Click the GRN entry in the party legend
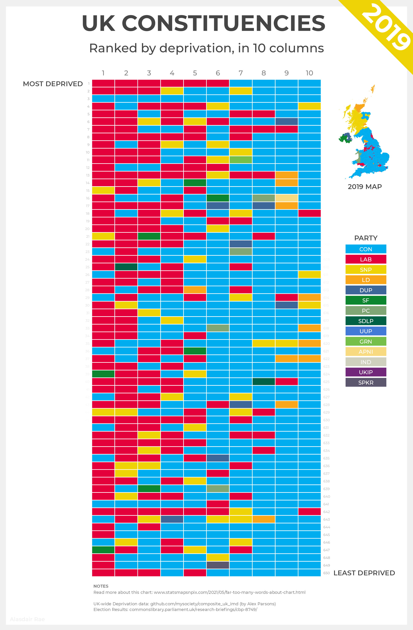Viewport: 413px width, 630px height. [x=366, y=341]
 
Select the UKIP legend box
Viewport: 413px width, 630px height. [x=366, y=372]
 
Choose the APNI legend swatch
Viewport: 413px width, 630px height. [x=366, y=352]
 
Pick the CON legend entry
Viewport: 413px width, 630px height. [x=366, y=249]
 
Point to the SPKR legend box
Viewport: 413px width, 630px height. [x=366, y=382]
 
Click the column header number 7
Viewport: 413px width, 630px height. [x=241, y=73]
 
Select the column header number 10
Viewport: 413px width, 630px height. [x=309, y=73]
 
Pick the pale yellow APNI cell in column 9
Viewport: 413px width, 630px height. [x=287, y=198]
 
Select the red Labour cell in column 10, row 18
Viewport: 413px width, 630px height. [x=309, y=213]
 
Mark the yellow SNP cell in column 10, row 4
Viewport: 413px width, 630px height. [x=309, y=106]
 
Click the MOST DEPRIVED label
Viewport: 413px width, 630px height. [x=53, y=84]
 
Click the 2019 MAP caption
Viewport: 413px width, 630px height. [x=365, y=187]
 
